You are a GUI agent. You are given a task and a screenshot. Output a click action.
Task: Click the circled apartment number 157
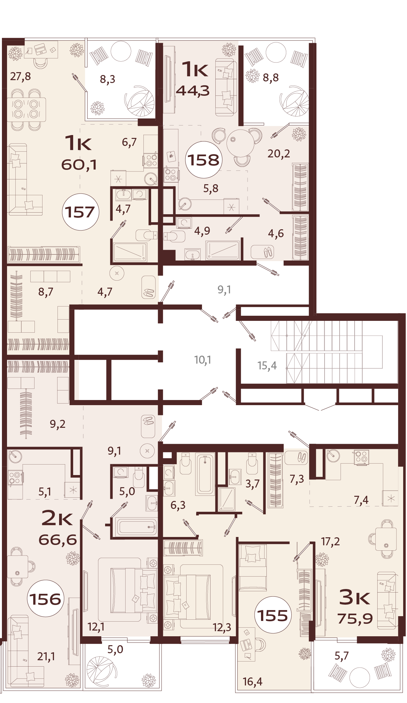click(x=80, y=212)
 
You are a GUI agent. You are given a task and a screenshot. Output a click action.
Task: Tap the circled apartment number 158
click(x=203, y=160)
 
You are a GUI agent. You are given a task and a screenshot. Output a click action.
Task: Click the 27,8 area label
click(x=20, y=77)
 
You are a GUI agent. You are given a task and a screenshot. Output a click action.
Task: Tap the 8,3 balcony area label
click(x=108, y=79)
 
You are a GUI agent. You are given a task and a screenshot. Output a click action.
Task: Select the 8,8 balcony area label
click(x=271, y=78)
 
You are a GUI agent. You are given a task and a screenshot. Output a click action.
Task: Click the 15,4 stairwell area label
click(x=267, y=366)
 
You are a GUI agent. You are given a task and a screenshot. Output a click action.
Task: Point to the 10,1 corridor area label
click(x=203, y=360)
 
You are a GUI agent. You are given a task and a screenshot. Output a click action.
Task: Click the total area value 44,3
click(x=193, y=91)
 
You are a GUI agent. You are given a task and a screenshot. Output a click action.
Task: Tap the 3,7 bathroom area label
click(x=252, y=484)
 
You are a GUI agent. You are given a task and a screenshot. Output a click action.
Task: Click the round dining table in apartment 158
click(x=240, y=143)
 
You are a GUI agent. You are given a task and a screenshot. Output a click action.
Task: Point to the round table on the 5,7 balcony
click(x=360, y=677)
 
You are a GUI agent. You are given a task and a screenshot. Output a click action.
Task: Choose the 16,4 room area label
click(x=252, y=682)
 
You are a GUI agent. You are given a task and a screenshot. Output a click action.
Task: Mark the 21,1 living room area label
click(x=46, y=656)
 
